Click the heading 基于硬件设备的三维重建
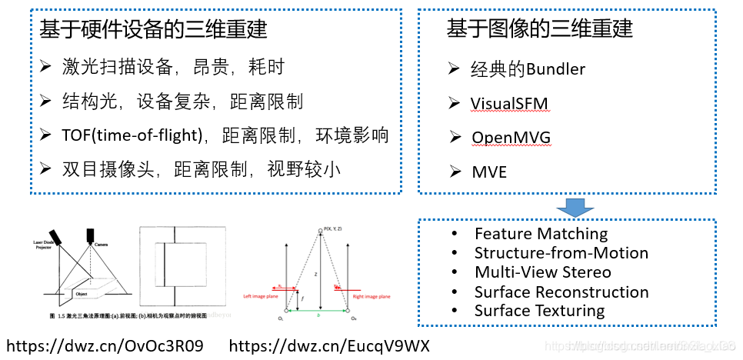coord(154,30)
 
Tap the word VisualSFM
coord(510,103)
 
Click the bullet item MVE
coord(489,172)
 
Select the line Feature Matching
coord(541,234)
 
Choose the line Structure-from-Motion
coord(561,253)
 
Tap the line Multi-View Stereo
coord(542,272)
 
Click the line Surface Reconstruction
coord(561,292)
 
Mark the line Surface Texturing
coord(539,311)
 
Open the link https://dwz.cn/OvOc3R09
coord(105,346)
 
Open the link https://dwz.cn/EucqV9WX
coord(329,346)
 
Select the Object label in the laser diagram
coord(83,293)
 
